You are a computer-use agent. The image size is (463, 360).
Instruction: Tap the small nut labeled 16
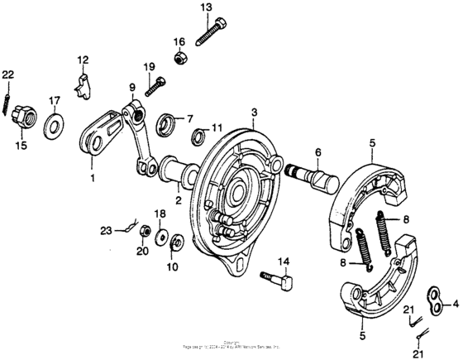[x=179, y=58]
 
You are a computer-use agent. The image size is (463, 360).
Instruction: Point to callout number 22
[x=7, y=74]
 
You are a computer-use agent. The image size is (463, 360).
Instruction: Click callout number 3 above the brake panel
[x=255, y=112]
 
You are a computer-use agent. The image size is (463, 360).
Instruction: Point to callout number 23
[x=106, y=231]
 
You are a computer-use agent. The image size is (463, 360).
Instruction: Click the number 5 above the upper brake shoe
[x=373, y=142]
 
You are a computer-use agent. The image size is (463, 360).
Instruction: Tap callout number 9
[x=131, y=88]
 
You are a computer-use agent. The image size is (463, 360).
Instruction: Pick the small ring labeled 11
[x=198, y=135]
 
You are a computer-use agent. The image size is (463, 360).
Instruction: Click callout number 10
[x=172, y=266]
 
